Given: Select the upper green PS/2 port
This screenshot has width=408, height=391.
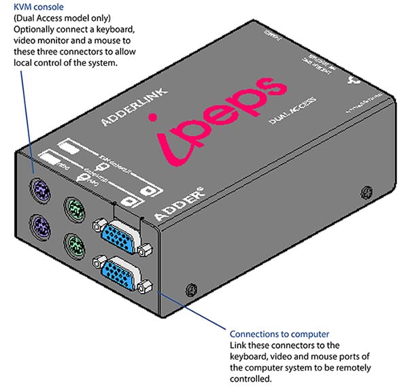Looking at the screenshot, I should (75, 207).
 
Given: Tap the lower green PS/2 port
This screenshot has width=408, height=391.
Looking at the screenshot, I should (75, 243).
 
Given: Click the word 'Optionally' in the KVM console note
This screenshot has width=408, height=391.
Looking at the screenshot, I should (24, 31).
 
